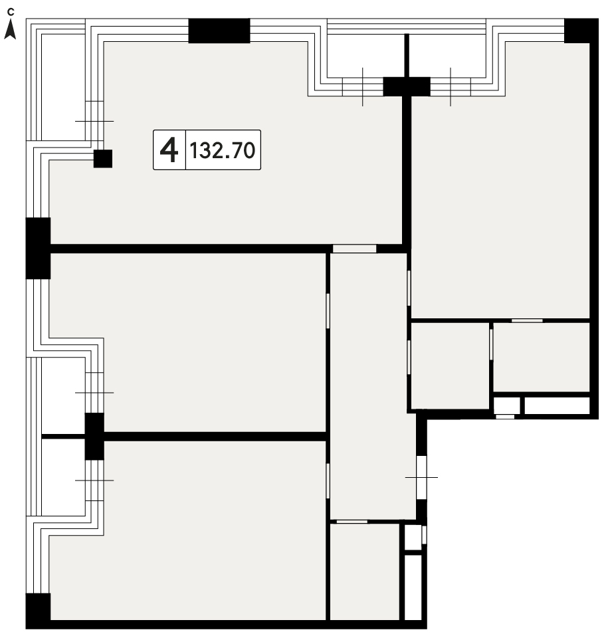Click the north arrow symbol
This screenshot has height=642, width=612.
pos(10,30)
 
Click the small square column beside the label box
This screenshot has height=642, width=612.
pos(103,159)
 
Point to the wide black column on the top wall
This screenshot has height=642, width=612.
pos(219,31)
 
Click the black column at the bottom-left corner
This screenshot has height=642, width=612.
pos(38,607)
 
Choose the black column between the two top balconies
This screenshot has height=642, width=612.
pos(407,86)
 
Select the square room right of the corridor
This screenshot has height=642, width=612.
pos(449,365)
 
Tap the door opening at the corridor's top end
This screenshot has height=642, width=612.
pos(354,249)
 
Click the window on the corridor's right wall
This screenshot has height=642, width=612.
pos(421,477)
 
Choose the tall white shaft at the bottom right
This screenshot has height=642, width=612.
pos(413,587)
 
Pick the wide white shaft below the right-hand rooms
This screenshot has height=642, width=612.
pos(557,405)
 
